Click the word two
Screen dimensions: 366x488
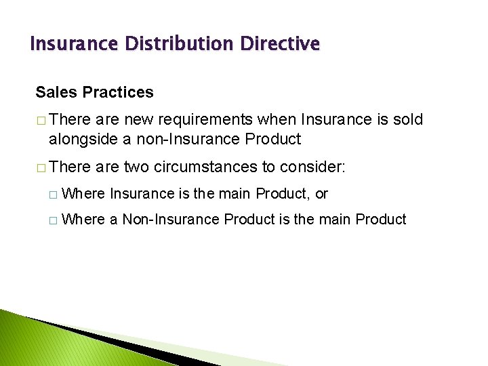click(x=137, y=167)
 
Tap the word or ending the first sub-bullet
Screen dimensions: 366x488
click(x=321, y=194)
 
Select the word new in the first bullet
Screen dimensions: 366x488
click(x=138, y=120)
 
